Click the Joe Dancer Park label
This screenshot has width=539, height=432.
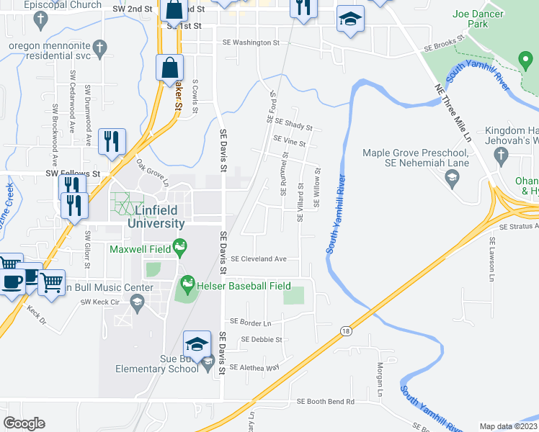(x=481, y=19)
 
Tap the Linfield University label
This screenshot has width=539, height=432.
(x=156, y=217)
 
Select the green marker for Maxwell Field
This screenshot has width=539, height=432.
(x=180, y=249)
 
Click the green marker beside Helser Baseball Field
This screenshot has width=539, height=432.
(x=188, y=285)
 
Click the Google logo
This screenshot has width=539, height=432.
(x=24, y=423)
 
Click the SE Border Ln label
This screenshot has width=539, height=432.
(x=250, y=322)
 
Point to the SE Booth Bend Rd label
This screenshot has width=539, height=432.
(x=326, y=402)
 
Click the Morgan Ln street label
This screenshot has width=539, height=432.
(x=378, y=380)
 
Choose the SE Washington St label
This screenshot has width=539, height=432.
(x=251, y=43)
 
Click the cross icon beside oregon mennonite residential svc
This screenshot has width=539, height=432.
(x=101, y=48)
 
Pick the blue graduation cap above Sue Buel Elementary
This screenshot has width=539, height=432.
(x=197, y=343)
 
